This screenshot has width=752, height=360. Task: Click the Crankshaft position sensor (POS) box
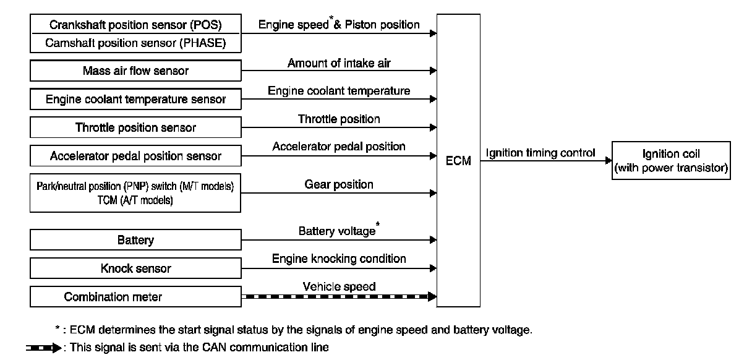click(135, 25)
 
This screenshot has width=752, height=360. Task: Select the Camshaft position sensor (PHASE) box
click(135, 43)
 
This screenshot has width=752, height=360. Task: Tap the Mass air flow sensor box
click(135, 71)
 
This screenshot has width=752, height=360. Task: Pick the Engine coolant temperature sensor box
click(135, 99)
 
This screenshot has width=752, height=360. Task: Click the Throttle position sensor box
click(135, 127)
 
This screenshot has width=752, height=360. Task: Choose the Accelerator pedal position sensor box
click(135, 156)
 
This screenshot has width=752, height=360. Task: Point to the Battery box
click(135, 240)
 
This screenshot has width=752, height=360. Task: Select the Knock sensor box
click(135, 268)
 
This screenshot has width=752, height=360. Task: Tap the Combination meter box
click(135, 297)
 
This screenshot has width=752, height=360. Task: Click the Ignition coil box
click(671, 160)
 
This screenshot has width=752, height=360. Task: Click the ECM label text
click(458, 161)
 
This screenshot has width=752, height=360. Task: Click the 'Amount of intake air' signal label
click(339, 63)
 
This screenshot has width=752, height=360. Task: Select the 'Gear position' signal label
click(339, 184)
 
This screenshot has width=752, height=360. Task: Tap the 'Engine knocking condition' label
click(339, 259)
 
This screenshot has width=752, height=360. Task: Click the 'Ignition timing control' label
click(540, 153)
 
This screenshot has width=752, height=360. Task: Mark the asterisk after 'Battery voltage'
click(378, 228)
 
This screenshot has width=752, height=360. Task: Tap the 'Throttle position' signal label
click(339, 119)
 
